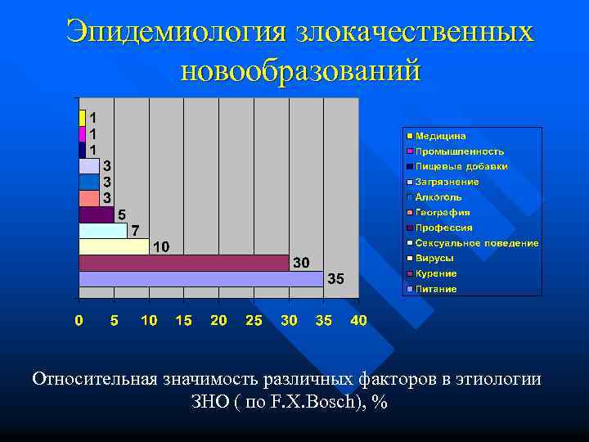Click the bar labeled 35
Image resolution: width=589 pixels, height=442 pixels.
click(x=200, y=279)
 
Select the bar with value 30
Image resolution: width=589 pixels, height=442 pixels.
click(x=183, y=263)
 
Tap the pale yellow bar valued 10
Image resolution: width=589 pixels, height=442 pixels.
click(x=114, y=246)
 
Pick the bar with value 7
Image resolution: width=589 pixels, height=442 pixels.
click(x=103, y=230)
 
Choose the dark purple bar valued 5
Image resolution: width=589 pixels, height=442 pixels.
click(x=96, y=214)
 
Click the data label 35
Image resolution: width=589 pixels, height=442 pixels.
click(x=336, y=279)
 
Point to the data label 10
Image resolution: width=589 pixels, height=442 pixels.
click(x=160, y=246)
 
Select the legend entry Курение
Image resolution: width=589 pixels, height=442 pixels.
click(x=436, y=273)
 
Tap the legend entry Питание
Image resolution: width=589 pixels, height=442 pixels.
click(x=436, y=289)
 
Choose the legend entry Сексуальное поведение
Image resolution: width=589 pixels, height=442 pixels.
click(x=476, y=243)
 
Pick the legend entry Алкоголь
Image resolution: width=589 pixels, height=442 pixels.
click(x=438, y=197)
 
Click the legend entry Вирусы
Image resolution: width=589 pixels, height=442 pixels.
click(x=434, y=258)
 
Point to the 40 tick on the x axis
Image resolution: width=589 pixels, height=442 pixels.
click(x=358, y=321)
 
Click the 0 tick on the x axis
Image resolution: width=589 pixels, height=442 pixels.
click(x=79, y=321)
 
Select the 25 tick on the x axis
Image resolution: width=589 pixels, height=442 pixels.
click(x=254, y=321)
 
